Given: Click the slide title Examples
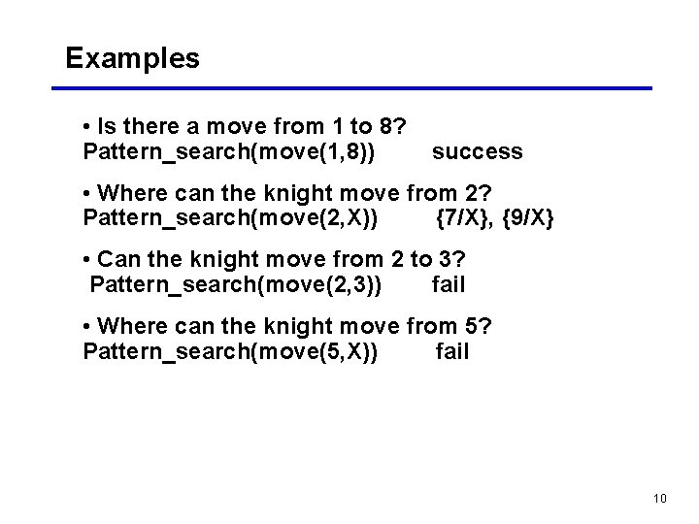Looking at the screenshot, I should [132, 58].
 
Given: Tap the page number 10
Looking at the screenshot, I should [660, 499].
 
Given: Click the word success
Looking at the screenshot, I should [477, 151].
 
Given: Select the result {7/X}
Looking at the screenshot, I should [462, 217].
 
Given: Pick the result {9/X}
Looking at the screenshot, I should [528, 217].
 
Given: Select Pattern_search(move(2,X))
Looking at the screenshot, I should [231, 217].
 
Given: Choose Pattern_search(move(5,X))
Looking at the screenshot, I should [231, 351].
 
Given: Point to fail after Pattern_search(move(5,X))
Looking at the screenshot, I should [452, 351].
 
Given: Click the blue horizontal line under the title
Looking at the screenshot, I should [351, 88].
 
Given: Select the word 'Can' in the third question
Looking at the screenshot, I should [119, 260].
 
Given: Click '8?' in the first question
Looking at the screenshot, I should [392, 127].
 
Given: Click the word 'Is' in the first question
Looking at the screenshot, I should [107, 127].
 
